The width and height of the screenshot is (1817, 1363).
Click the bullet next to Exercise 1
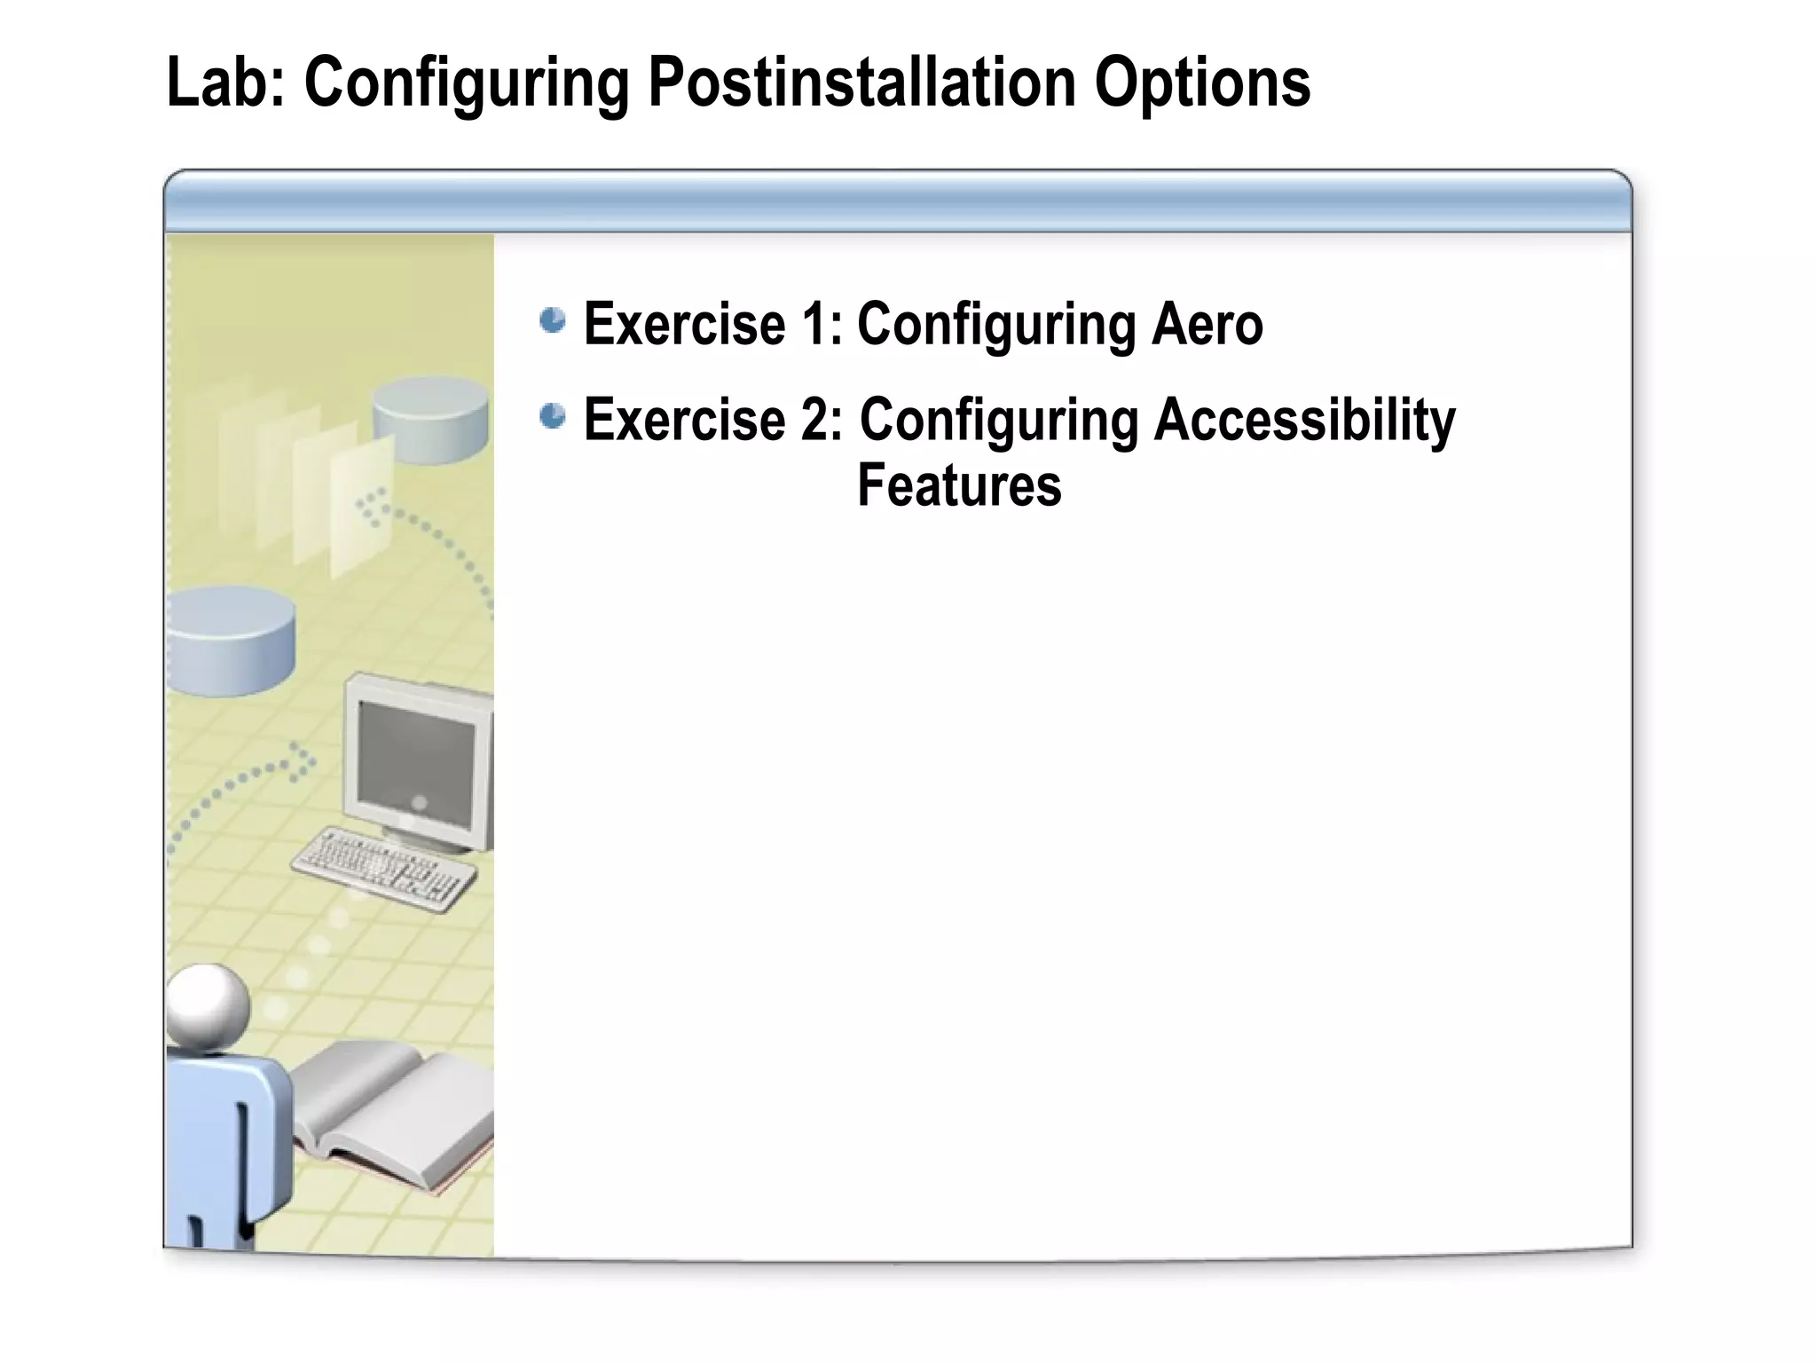coord(553,320)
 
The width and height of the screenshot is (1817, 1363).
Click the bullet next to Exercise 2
coord(553,415)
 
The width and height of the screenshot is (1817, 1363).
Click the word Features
coord(958,485)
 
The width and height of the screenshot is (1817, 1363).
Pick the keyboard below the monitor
coord(383,868)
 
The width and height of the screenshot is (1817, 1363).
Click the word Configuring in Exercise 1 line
coord(995,324)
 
